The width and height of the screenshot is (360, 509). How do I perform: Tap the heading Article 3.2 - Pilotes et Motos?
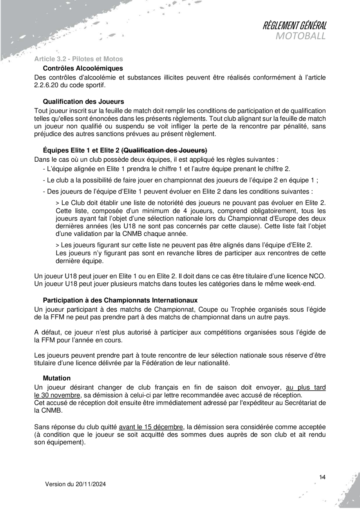click(x=78, y=59)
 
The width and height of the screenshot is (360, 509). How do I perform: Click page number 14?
click(x=323, y=477)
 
